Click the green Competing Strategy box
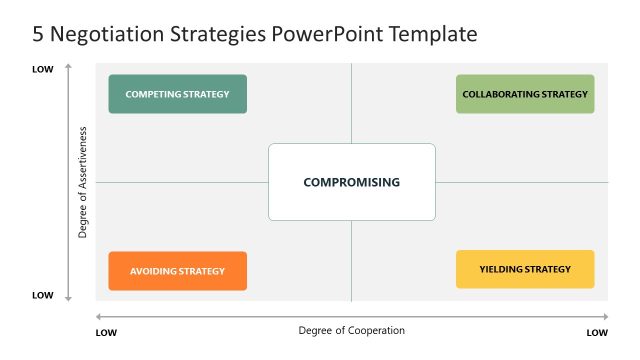tap(177, 94)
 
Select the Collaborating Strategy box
tap(525, 94)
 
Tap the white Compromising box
tap(352, 182)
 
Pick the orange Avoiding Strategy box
tap(177, 271)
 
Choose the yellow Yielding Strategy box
tap(525, 269)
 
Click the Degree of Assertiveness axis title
tap(84, 182)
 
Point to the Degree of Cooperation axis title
tap(352, 330)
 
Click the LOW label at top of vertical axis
tap(43, 69)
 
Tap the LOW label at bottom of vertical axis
tap(43, 295)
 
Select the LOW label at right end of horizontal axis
tap(597, 332)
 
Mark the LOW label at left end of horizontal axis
tap(106, 332)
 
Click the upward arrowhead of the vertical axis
tap(68, 66)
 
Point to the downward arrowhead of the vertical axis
tap(68, 298)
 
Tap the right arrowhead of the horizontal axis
tap(606, 318)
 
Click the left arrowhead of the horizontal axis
tap(98, 318)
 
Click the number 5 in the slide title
tap(39, 34)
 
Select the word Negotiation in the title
tap(107, 34)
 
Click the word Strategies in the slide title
tap(219, 34)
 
